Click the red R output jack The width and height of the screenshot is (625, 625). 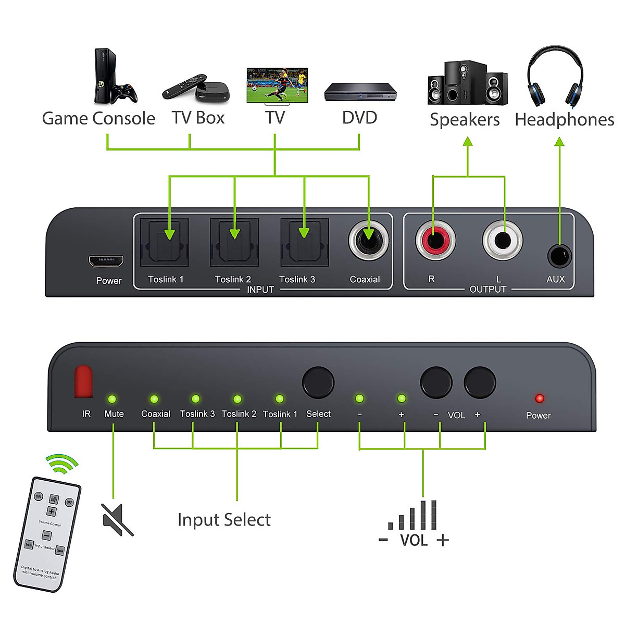[x=435, y=241]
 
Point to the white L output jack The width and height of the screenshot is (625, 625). [x=502, y=241]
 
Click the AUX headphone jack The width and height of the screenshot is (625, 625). [x=559, y=256]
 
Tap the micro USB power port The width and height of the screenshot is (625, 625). [x=106, y=259]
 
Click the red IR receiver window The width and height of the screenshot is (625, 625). [x=83, y=381]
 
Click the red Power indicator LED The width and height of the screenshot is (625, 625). [x=540, y=398]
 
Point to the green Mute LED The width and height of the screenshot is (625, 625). [x=112, y=399]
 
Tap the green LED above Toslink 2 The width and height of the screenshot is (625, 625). [x=238, y=399]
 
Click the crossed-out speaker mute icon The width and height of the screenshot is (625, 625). [x=118, y=519]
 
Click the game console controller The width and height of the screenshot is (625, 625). [x=126, y=93]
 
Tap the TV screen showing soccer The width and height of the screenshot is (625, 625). [x=277, y=86]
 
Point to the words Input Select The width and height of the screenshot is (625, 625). [x=224, y=519]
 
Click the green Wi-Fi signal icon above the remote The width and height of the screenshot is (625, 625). [x=62, y=464]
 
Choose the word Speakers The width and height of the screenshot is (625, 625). [x=464, y=119]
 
